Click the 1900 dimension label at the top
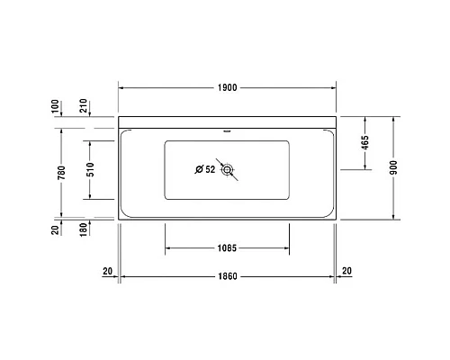click(228, 87)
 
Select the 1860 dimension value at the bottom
click(228, 275)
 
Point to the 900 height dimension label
click(394, 169)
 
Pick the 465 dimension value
click(364, 143)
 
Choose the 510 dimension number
click(90, 169)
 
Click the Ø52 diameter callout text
click(205, 169)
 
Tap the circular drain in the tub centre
click(228, 169)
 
